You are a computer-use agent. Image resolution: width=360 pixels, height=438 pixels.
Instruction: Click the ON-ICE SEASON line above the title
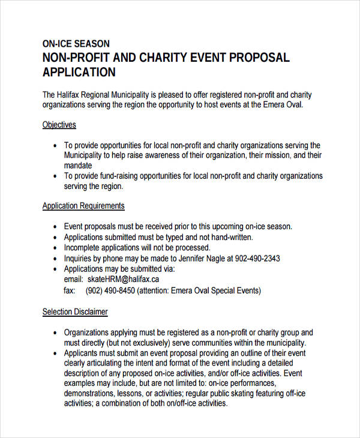76,44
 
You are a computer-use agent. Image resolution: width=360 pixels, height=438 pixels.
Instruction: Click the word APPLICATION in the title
79,73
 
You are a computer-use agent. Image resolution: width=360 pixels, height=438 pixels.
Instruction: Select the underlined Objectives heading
59,125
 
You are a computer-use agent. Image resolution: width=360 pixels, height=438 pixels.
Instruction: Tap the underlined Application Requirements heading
83,206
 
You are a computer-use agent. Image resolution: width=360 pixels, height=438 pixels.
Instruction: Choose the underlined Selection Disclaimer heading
75,312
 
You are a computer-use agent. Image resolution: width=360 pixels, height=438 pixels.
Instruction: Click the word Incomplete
84,248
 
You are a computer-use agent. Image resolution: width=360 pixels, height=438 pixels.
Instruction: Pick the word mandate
78,165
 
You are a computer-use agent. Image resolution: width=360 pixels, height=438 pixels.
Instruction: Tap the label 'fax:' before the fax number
69,290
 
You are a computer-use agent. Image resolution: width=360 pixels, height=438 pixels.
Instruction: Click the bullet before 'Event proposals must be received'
55,227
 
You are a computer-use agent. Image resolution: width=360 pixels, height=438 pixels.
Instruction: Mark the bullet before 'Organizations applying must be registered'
55,332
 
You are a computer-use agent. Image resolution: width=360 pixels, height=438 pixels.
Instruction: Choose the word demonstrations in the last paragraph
89,393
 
